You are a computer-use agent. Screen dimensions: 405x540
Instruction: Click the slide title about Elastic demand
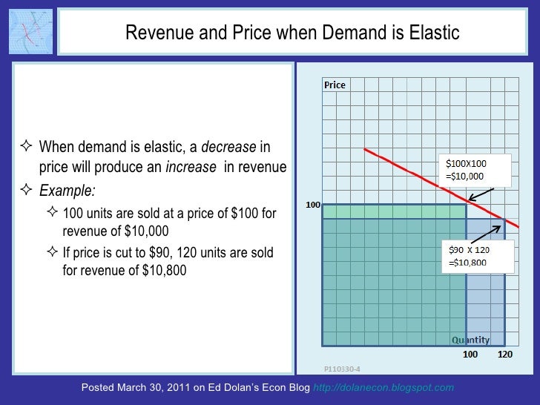coord(292,33)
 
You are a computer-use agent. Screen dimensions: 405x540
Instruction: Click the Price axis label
coord(335,85)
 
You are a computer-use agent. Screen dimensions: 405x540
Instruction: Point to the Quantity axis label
coord(471,340)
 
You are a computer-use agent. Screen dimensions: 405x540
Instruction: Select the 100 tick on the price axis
coord(312,204)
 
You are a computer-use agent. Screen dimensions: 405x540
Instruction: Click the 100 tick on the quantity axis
coord(470,356)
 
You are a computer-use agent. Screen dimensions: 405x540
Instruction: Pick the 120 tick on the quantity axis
coord(505,356)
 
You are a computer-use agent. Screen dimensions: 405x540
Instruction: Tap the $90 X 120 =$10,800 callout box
coord(476,257)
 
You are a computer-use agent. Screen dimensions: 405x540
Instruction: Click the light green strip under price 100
coord(393,211)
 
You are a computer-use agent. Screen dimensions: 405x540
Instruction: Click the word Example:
coord(67,190)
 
